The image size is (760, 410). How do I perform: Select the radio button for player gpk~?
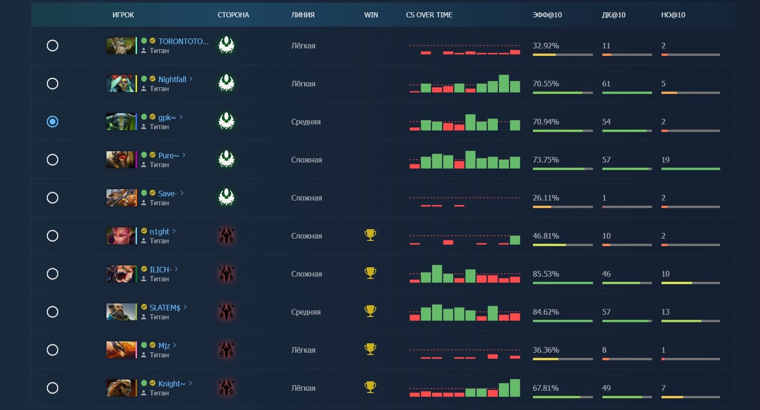[53, 122]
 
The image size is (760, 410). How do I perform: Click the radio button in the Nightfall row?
[53, 84]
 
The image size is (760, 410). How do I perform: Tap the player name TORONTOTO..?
[183, 41]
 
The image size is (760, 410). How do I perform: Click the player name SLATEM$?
[165, 308]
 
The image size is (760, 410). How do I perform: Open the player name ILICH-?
[160, 270]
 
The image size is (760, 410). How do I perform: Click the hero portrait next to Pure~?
[121, 160]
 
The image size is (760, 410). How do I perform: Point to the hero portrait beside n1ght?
[121, 236]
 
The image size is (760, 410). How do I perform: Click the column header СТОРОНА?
[233, 15]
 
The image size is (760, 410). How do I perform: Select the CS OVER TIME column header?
[429, 15]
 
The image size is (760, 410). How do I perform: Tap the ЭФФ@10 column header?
[547, 15]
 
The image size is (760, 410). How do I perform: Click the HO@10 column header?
[673, 15]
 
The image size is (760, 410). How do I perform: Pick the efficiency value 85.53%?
[546, 274]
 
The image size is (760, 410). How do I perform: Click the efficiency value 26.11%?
[546, 198]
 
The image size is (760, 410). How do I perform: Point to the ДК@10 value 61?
[606, 84]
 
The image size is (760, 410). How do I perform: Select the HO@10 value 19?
[665, 160]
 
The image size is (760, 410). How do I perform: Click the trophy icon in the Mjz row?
[370, 349]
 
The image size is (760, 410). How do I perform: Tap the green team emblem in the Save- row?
[227, 197]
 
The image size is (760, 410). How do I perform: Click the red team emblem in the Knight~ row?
[227, 388]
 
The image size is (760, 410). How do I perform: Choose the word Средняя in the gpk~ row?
[306, 122]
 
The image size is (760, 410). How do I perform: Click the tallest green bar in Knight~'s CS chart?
[515, 388]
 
